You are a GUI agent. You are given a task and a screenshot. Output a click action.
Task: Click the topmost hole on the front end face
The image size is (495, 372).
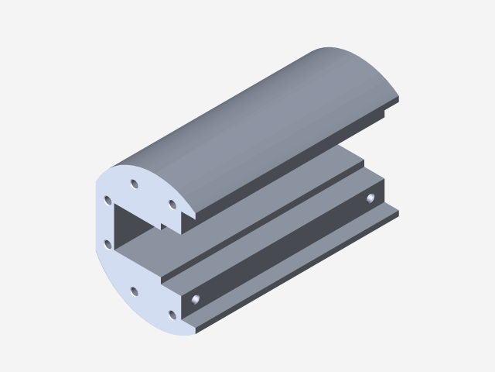point(134,184)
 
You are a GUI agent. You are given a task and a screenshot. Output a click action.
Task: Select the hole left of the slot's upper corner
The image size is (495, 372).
point(108,200)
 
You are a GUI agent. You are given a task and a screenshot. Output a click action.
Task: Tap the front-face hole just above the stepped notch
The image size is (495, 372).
point(172,204)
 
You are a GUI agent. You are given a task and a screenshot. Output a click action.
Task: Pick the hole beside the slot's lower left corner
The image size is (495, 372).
point(108,244)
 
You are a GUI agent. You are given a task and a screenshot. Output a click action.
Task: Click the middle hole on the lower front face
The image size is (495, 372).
point(134,291)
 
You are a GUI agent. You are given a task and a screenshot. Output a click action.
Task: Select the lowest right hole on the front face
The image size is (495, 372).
point(172,315)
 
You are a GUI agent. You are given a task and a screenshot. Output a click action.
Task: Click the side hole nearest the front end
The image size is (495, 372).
point(196,298)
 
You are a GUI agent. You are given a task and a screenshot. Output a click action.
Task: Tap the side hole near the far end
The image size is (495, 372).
point(372,198)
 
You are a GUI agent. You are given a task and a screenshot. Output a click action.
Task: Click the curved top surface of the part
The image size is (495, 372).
point(255,116)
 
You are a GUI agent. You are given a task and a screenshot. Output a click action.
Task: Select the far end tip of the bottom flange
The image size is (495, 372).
point(397,208)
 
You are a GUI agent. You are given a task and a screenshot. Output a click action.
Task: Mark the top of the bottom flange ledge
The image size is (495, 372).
point(294,267)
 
